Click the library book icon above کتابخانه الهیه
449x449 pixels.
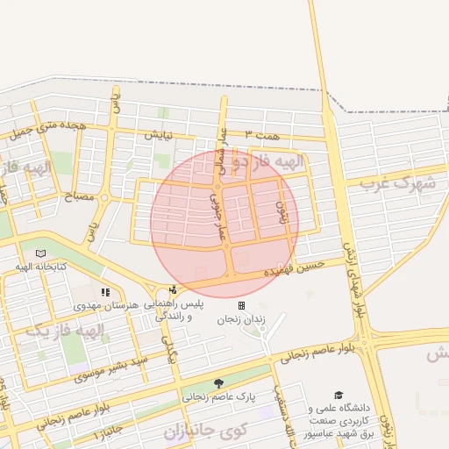tap(39, 254)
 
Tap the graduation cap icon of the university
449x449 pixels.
tap(339, 396)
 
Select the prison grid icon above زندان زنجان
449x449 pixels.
tap(241, 305)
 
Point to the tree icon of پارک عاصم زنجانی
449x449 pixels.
tap(218, 383)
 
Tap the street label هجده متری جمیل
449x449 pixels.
tap(50, 129)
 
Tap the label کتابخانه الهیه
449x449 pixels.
tap(39, 267)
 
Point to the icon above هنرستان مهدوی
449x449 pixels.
tap(105, 292)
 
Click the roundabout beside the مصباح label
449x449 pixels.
tap(104, 197)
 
